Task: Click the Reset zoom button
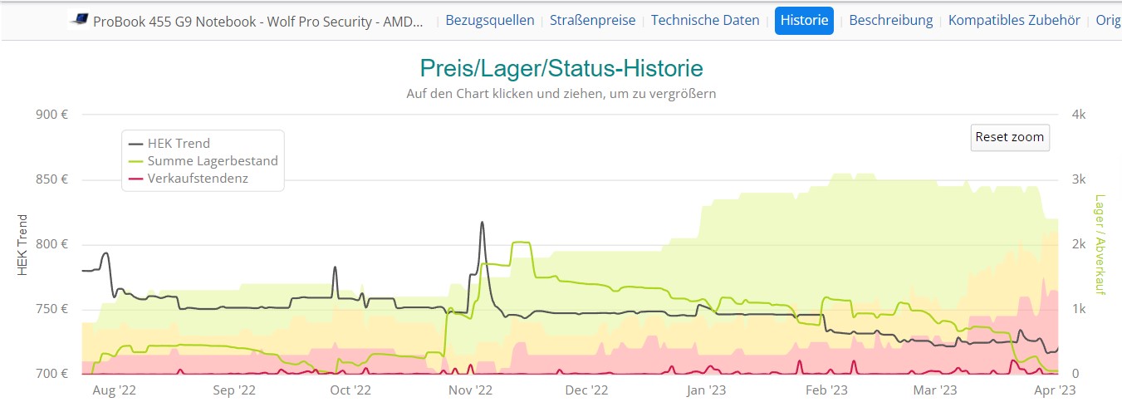pos(1010,137)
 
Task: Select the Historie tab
pos(804,20)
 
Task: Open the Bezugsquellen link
pos(490,20)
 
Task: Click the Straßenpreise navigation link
pos(592,20)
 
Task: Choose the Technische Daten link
pos(705,20)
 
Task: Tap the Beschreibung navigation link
pos(890,20)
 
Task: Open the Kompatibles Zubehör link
pos(1014,20)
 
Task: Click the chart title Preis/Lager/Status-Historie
pos(561,67)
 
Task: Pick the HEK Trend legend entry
pos(179,144)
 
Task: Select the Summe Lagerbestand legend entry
pos(213,161)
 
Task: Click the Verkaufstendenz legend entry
pos(198,179)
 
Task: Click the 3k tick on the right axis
pos(1078,179)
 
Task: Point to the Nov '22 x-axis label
pos(470,390)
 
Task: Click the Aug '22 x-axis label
pos(115,390)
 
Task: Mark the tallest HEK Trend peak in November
pos(482,223)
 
